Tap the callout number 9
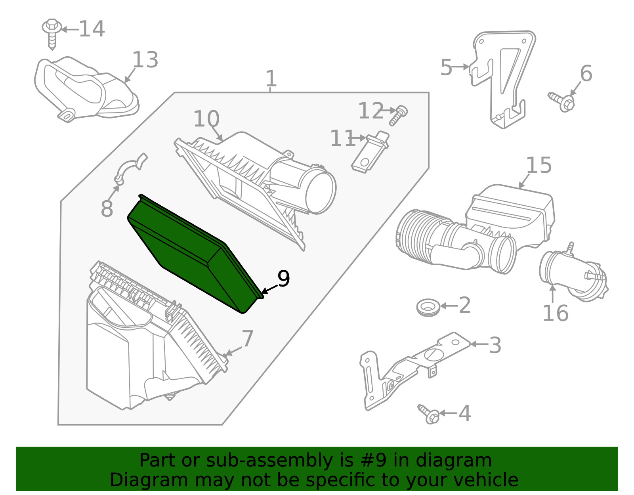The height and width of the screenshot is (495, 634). tap(284, 279)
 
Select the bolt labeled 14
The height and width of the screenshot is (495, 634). tap(52, 34)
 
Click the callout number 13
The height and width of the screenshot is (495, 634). tap(145, 60)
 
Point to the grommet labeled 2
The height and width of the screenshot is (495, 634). tap(428, 307)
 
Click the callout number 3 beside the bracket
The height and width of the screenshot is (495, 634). tap(495, 345)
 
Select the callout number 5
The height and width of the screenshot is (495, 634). tap(446, 68)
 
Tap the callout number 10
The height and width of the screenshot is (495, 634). tap(206, 119)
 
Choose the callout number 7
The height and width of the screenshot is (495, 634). tap(247, 339)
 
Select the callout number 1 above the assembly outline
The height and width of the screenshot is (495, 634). tap(271, 79)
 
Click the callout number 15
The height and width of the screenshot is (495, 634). tap(539, 165)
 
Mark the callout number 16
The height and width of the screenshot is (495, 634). tap(555, 313)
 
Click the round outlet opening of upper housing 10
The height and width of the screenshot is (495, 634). tap(320, 192)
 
